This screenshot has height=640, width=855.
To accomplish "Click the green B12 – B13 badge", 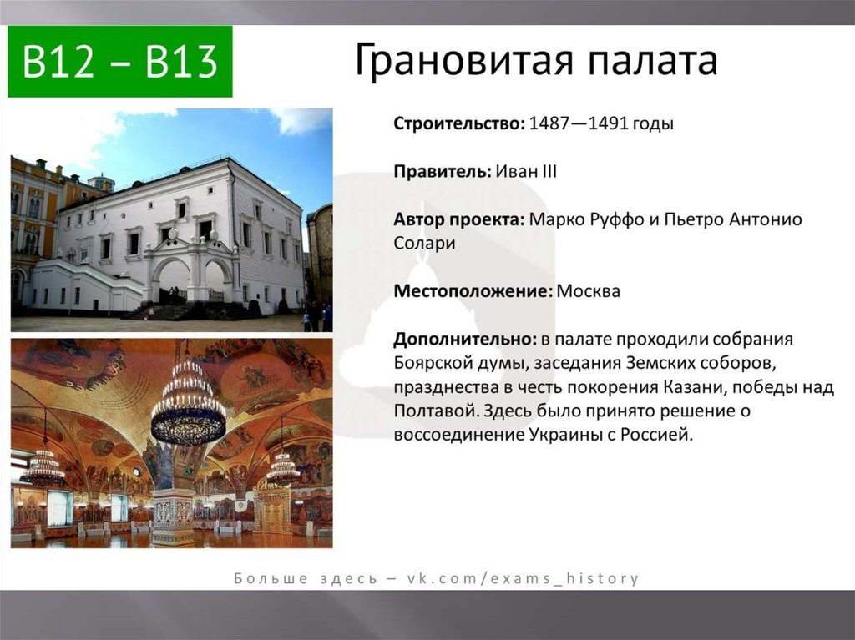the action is pos(120,61).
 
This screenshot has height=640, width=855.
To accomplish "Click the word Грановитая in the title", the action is pos(463,59).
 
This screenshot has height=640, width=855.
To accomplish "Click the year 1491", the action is pos(609,123).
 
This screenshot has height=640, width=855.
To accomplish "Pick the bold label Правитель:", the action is pos(443,172).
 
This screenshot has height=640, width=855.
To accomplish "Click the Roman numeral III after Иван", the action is pos(549,172).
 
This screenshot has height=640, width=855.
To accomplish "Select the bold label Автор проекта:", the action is pos(459,219).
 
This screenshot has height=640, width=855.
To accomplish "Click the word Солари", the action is pos(424,243).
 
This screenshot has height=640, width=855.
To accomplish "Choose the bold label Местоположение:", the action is pos(473,291).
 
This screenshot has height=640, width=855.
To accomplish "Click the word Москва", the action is pos(589,291).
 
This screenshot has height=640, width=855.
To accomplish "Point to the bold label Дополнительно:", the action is pos(465,339).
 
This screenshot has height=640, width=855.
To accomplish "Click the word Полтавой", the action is pos(436,411).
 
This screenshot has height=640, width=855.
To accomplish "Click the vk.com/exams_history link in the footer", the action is pos(523,578).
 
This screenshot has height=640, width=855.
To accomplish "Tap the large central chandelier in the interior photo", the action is pos(188,403).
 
